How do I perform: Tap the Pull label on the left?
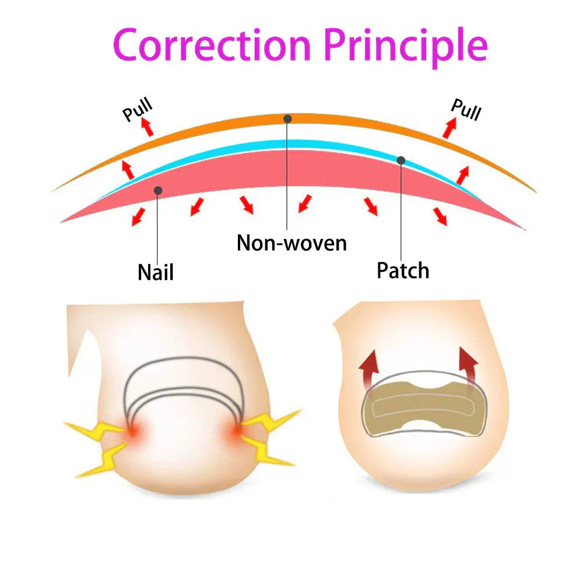(138, 110)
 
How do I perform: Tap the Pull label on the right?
(466, 109)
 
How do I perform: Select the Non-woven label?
(291, 242)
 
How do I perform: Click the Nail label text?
(156, 272)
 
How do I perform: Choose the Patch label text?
(403, 271)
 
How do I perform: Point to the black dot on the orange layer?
(287, 118)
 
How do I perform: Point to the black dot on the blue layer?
(401, 160)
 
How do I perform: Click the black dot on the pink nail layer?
(157, 190)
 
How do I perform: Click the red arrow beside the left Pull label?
(148, 127)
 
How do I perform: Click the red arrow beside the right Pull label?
(449, 127)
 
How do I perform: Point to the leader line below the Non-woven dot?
(287, 175)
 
